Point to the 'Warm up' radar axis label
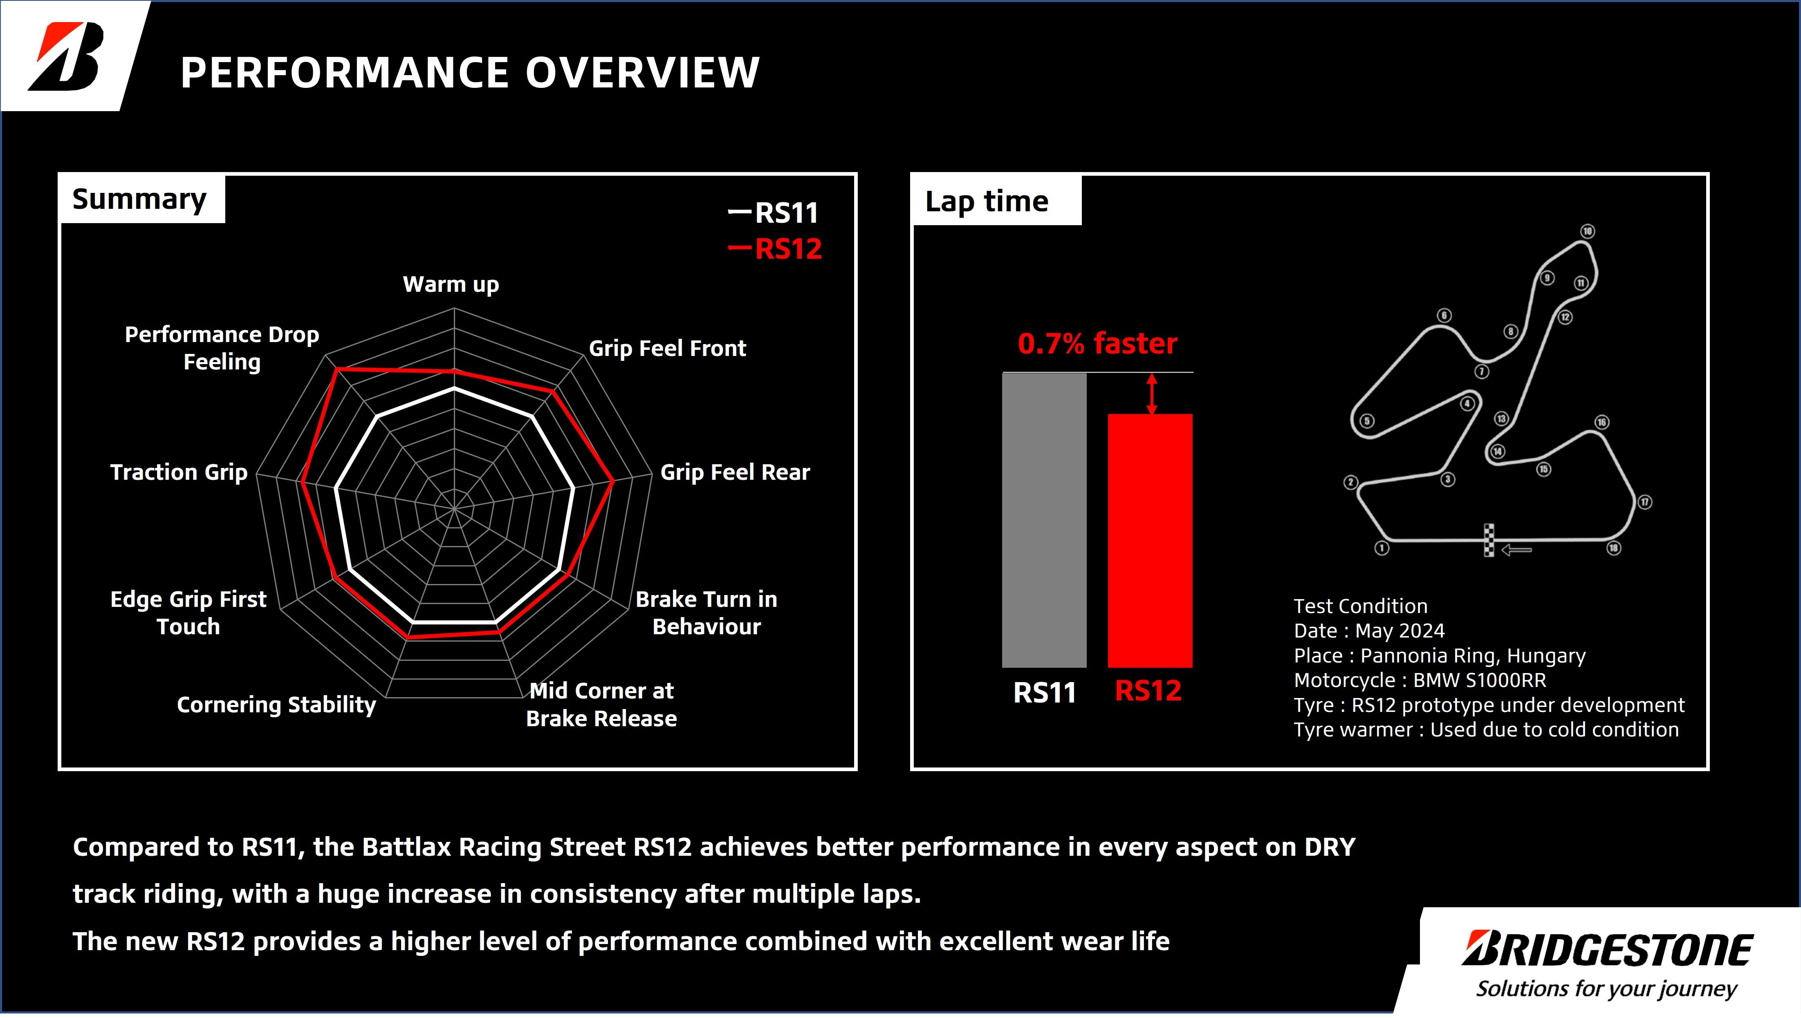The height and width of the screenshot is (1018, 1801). click(451, 284)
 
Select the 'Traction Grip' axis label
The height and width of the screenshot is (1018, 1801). click(179, 473)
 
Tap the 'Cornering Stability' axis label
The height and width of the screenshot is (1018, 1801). click(276, 705)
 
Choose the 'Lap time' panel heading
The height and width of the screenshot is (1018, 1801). click(987, 201)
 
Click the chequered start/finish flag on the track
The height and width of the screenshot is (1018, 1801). click(1489, 540)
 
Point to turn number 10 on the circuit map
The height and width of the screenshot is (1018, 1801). click(1588, 231)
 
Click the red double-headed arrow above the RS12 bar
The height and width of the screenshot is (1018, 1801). click(1152, 394)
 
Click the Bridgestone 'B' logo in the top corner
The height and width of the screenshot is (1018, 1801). click(67, 56)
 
